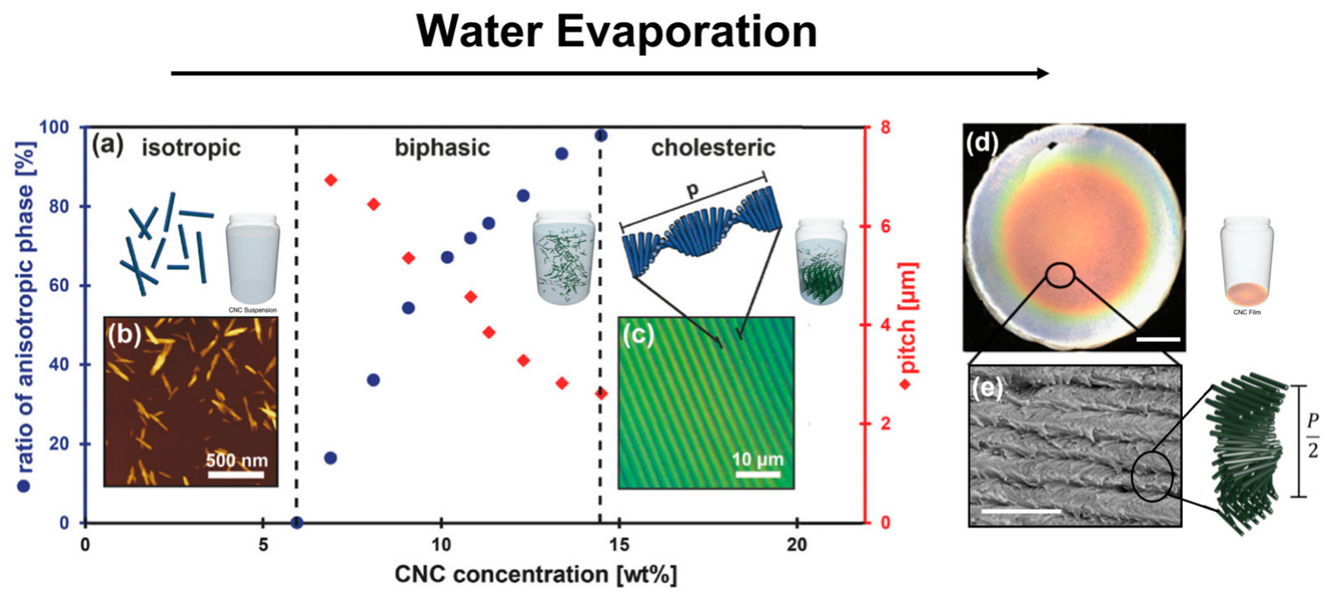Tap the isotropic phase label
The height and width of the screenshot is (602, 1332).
pos(190,148)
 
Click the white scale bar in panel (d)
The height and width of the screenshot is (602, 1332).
pos(1159,339)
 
